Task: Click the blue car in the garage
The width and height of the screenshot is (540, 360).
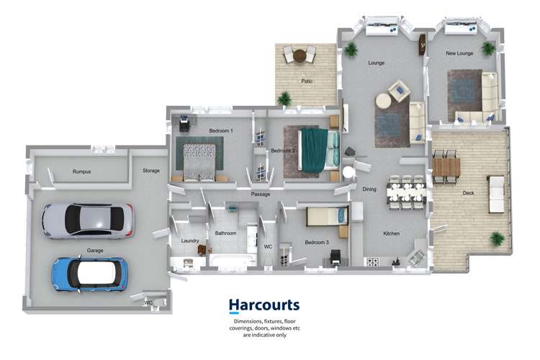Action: point(89,274)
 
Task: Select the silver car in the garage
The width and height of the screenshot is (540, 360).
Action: point(87,220)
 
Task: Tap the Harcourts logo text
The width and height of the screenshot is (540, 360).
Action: point(264,305)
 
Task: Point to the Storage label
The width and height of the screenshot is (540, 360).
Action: point(150,171)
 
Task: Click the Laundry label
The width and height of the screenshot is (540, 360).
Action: point(190,240)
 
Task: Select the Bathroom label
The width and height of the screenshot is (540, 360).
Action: point(225,233)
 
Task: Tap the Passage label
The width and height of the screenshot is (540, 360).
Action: point(260,194)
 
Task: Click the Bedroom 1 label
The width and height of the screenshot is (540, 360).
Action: point(220,130)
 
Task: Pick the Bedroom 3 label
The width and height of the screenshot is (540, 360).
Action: point(317,243)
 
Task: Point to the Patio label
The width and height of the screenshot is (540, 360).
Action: point(307,81)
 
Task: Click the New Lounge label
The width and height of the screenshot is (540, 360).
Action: point(459,53)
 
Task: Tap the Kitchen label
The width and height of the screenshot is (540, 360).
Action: point(391,233)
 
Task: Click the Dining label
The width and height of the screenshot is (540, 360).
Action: point(369,189)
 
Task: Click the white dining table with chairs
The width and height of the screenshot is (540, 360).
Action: point(407,192)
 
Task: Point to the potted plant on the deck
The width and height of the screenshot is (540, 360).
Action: point(496,238)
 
